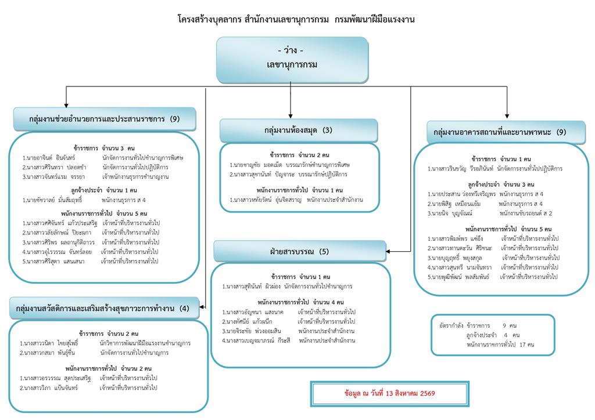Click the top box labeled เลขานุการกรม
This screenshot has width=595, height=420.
tap(292, 60)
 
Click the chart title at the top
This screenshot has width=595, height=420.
tap(296, 19)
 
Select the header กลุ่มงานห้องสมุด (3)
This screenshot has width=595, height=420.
tap(299, 131)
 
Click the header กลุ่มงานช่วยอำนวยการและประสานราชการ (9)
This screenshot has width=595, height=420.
tap(105, 119)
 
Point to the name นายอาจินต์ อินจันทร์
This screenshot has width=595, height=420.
tap(49, 158)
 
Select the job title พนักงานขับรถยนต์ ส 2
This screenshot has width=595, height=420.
tap(525, 213)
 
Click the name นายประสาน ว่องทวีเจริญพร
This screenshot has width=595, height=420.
tap(461, 194)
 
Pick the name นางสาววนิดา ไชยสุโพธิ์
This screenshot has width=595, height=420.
tap(49, 343)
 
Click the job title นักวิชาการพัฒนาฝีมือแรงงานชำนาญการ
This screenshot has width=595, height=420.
tap(145, 343)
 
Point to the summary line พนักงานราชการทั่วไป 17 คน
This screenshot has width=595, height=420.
tap(500, 345)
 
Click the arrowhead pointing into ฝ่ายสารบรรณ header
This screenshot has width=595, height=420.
tap(388, 251)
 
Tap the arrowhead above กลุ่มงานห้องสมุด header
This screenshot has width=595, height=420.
tap(291, 116)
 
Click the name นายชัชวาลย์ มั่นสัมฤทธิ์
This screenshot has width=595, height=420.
tap(52, 200)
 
